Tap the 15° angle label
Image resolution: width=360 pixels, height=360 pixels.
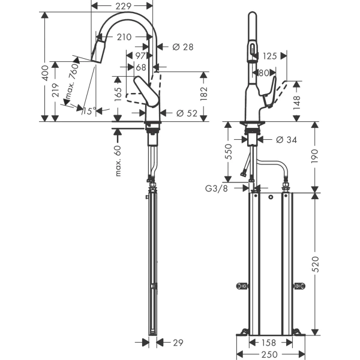click(90, 110)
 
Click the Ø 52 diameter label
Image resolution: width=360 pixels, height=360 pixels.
click(186, 113)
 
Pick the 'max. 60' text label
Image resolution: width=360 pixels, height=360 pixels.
click(118, 161)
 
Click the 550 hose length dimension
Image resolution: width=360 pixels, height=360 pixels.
click(229, 152)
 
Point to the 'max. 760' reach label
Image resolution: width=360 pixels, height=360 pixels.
click(73, 83)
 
